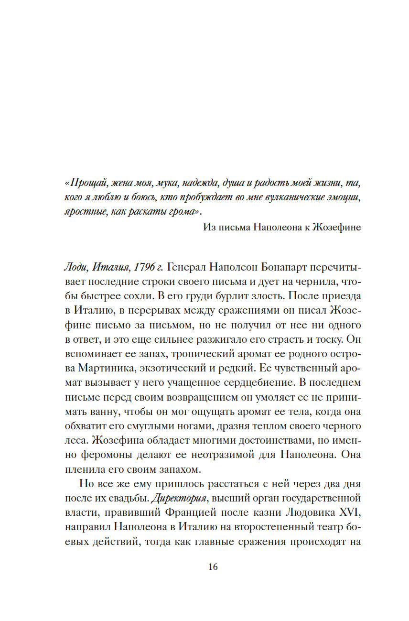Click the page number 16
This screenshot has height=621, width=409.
point(213,567)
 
